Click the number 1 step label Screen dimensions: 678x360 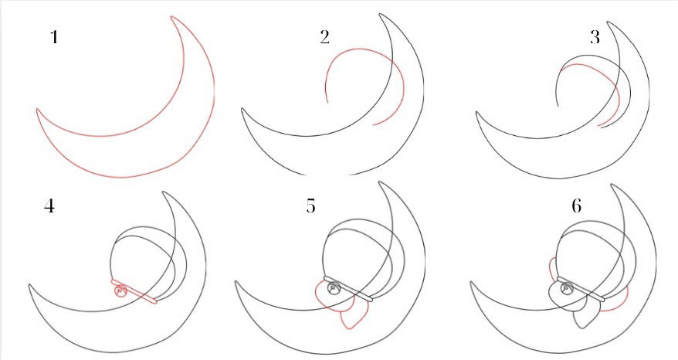54,37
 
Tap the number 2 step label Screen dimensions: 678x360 325,37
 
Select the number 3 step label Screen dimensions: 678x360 595,38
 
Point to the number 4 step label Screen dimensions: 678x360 49,206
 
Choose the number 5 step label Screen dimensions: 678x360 311,206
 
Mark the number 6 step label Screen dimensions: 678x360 576,206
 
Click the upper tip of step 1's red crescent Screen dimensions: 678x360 171,17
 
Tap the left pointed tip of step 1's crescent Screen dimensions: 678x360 37,110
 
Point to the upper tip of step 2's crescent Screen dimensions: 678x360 381,14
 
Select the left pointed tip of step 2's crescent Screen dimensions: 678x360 242,109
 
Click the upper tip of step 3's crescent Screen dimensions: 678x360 608,22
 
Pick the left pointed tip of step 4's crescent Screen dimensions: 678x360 30,286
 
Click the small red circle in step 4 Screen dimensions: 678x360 120,291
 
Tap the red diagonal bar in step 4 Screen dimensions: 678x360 133,291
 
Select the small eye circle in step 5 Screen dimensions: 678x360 333,288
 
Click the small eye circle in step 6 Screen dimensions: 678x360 565,288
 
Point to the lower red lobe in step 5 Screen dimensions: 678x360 354,314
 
